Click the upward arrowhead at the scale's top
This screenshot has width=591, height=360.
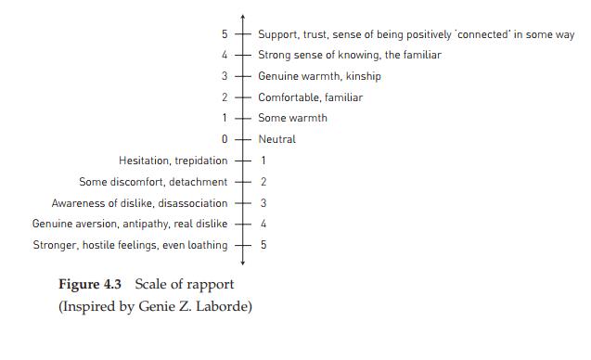click(x=243, y=16)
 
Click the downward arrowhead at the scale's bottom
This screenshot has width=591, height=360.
click(x=243, y=263)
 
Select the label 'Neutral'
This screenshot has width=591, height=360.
click(x=277, y=139)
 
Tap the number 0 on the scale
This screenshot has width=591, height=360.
click(x=225, y=139)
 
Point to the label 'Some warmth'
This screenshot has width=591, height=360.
click(x=292, y=118)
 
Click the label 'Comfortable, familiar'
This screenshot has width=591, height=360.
click(x=311, y=97)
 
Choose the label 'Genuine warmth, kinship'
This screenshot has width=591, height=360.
click(x=319, y=76)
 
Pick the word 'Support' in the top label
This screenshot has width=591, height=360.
click(x=277, y=34)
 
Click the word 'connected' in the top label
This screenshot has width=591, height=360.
click(x=482, y=34)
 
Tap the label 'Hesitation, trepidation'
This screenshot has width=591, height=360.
click(x=173, y=161)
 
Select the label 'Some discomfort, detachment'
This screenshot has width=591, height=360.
click(x=153, y=182)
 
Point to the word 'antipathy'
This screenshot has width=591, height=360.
click(x=147, y=224)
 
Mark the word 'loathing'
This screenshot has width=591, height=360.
click(x=208, y=245)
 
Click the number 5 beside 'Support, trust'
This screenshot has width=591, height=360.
click(x=225, y=34)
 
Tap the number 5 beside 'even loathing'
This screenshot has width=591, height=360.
click(x=263, y=245)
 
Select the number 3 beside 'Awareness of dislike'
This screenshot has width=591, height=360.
click(x=263, y=203)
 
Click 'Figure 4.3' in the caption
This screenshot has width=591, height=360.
click(x=90, y=284)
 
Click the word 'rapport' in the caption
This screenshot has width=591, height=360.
click(x=214, y=286)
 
